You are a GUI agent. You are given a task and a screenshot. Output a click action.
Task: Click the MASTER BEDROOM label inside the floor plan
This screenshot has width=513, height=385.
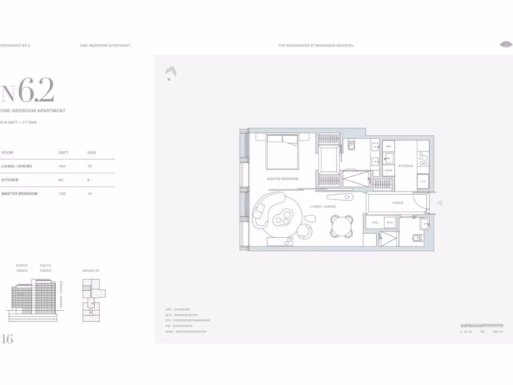click(283, 179)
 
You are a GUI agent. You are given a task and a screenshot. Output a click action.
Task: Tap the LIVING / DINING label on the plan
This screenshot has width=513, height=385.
click(323, 207)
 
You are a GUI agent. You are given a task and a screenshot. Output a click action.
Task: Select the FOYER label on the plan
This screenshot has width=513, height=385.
click(398, 203)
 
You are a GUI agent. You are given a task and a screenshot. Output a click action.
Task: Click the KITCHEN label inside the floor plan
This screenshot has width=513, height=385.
click(406, 166)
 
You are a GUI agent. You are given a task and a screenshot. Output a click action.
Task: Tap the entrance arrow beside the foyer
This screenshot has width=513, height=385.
click(440, 203)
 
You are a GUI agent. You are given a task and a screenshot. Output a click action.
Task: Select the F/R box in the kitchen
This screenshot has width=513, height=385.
click(423, 181)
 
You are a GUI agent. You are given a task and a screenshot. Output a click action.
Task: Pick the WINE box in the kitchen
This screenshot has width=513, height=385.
click(388, 170)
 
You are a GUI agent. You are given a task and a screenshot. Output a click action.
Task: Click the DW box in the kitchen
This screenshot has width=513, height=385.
click(388, 146)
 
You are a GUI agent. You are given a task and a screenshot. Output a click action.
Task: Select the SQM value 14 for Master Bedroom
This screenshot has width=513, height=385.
click(89, 194)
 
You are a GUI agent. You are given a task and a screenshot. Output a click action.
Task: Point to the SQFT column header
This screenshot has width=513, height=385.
click(63, 152)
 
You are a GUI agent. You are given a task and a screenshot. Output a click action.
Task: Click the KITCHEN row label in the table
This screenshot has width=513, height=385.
click(10, 180)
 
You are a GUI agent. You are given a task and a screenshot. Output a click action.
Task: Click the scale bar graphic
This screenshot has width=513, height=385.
click(481, 326)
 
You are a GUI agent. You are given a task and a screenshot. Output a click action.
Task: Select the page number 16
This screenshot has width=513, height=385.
click(7, 339)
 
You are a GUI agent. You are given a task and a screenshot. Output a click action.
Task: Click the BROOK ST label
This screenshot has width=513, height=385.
click(91, 271)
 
